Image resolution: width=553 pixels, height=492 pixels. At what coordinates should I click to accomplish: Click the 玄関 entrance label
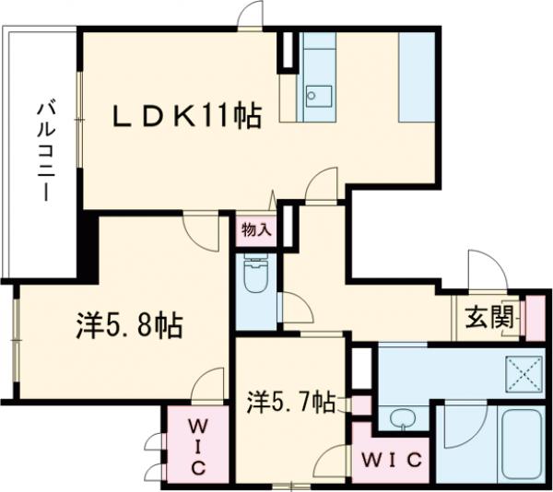point(488,320)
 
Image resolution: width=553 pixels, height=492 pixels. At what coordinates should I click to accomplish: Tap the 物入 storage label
point(256,231)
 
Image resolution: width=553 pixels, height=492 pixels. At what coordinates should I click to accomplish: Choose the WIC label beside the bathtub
point(389,459)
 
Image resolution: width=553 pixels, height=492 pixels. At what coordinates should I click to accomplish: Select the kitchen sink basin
point(319,93)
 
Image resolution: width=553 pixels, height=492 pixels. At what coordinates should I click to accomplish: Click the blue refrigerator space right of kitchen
point(415,76)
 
